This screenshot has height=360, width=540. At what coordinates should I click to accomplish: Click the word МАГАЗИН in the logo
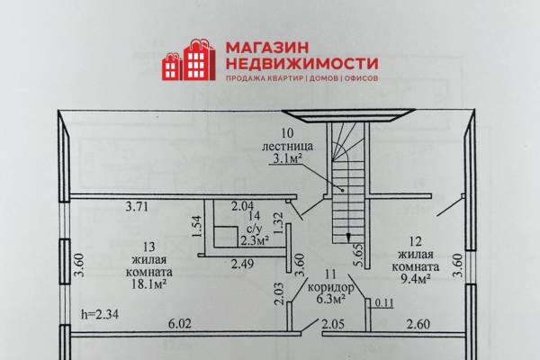pyautogui.click(x=267, y=48)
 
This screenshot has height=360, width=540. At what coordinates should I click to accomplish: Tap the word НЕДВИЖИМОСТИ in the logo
pyautogui.click(x=302, y=63)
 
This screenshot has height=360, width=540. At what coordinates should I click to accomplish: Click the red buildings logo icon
pyautogui.click(x=189, y=60)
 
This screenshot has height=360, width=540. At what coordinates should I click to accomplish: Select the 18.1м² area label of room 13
pyautogui.click(x=149, y=284)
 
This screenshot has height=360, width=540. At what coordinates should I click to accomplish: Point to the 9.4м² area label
pyautogui.click(x=415, y=278)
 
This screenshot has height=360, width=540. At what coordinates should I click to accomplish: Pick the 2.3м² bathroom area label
pyautogui.click(x=255, y=240)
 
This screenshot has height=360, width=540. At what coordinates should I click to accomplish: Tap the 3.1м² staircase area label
pyautogui.click(x=288, y=158)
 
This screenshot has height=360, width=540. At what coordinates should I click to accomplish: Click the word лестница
pyautogui.click(x=288, y=146)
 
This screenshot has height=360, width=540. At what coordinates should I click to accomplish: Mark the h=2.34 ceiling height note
pyautogui.click(x=100, y=314)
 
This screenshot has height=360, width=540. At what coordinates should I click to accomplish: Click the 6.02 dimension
pyautogui.click(x=180, y=324)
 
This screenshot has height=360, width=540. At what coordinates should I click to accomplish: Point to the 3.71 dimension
pyautogui.click(x=137, y=207)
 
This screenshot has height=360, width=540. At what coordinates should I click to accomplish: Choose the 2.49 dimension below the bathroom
pyautogui.click(x=242, y=264)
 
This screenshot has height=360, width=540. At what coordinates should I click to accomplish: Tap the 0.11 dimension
pyautogui.click(x=383, y=302)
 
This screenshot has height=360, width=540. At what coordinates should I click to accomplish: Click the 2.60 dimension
pyautogui.click(x=418, y=324)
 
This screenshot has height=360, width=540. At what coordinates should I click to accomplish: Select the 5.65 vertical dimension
pyautogui.click(x=358, y=255)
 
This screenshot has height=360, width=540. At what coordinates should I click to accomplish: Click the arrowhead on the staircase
pyautogui.click(x=348, y=237)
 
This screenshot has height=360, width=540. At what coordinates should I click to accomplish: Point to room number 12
pyautogui.click(x=416, y=241)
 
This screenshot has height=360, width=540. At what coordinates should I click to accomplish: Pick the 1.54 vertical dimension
pyautogui.click(x=196, y=226)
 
